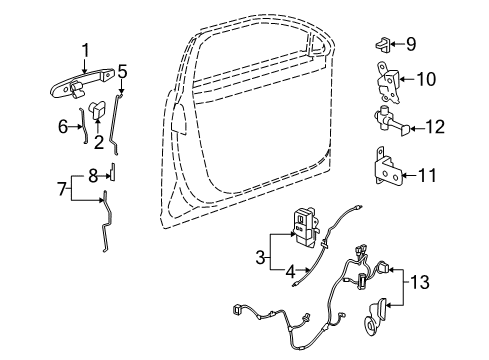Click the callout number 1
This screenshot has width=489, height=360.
pos(85,48)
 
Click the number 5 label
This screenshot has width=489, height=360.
pos(122,71)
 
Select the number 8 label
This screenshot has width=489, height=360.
pos(92,174)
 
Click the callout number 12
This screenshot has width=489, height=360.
pos(433,126)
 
